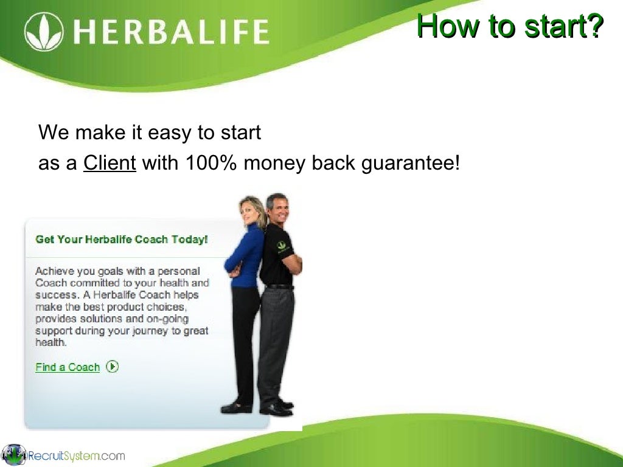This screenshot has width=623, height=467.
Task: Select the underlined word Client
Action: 110,163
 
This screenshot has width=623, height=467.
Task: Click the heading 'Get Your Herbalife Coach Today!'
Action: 122,240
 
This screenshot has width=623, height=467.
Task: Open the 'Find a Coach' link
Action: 67,367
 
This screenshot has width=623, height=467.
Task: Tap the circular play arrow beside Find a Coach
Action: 112,366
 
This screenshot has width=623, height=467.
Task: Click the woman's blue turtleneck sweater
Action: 246,255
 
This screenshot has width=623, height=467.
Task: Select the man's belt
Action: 280,286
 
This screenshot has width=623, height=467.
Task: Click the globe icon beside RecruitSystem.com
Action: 13,455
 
